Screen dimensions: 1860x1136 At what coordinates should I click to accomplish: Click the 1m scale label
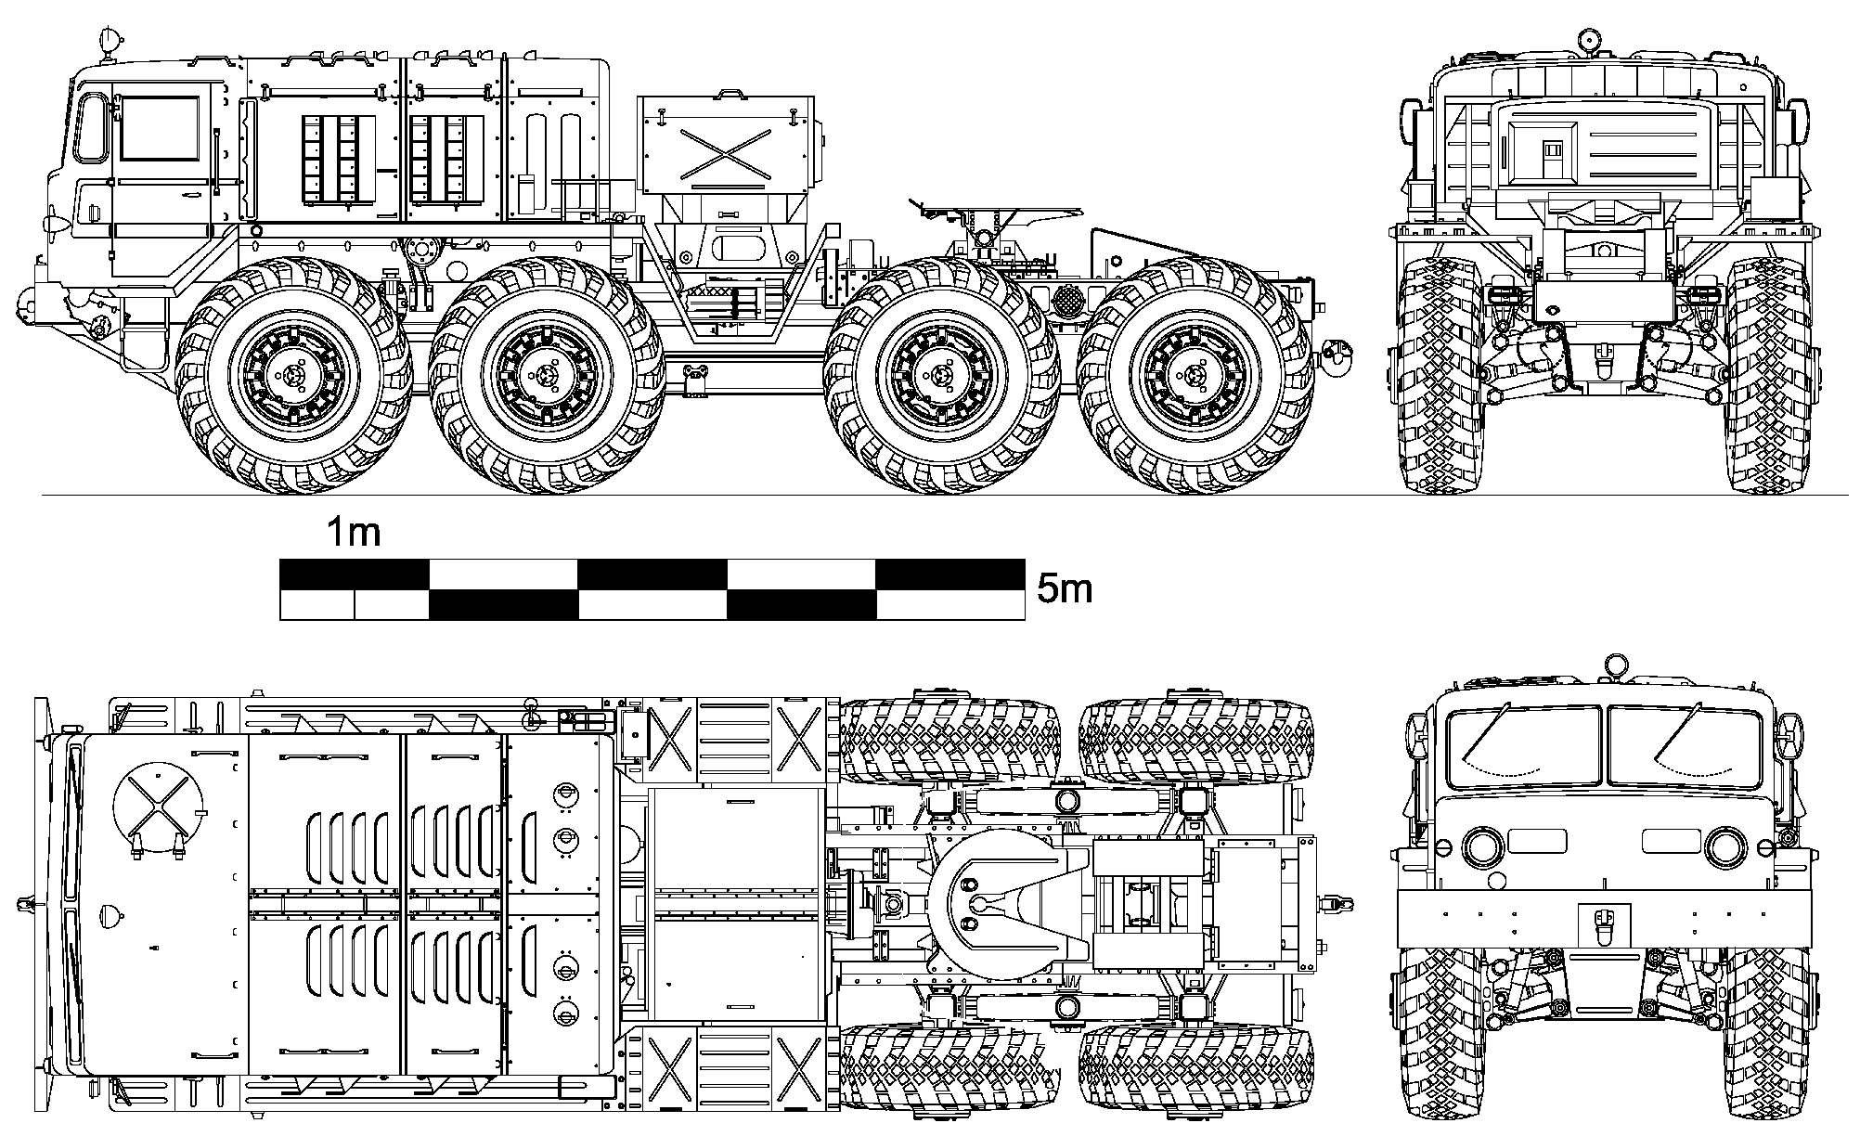[x=353, y=533]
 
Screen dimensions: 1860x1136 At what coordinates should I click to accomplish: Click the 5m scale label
[x=1064, y=589]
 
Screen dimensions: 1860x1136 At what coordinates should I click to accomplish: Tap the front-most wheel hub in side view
[x=294, y=375]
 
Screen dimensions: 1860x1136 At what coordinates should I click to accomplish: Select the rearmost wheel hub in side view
[x=1195, y=375]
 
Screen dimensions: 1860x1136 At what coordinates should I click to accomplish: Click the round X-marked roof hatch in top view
[x=157, y=801]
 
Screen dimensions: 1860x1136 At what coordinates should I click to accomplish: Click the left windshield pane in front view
[x=1524, y=747]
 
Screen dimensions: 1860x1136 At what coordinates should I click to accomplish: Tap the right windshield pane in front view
[x=1684, y=747]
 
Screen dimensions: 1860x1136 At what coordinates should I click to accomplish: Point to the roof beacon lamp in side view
[x=110, y=41]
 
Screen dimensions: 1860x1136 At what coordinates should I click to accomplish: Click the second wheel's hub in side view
[x=548, y=375]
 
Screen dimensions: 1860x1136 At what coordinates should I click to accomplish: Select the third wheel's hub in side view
[x=942, y=375]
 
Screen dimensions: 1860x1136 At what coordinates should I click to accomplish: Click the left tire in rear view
[x=1441, y=374]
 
